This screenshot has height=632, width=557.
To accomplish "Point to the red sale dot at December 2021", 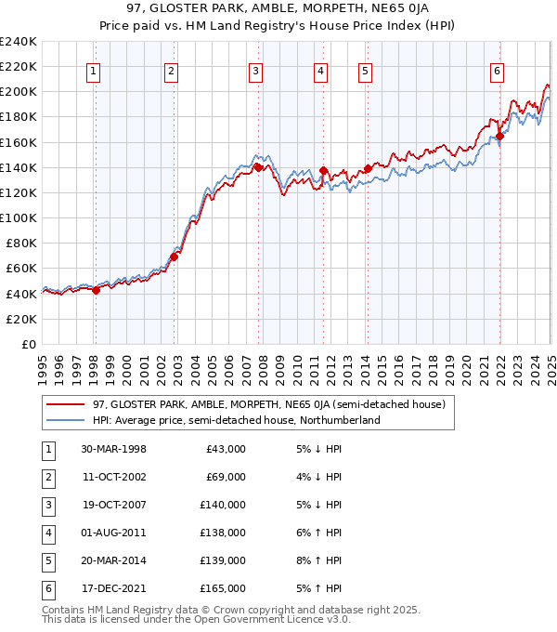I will tap(499, 136).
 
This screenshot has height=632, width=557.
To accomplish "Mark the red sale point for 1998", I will tap(96, 289).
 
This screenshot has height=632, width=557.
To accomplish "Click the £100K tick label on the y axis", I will tap(18, 217).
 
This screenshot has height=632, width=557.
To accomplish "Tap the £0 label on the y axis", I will tap(27, 344).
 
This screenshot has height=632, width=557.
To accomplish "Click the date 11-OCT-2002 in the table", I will tap(113, 477).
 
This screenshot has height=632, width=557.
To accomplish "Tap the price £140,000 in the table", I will tap(223, 505).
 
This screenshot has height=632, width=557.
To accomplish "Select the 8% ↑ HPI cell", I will tap(320, 560).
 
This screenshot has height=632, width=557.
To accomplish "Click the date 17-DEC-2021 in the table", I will tap(113, 588).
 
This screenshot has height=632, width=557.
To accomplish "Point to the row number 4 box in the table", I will tap(47, 533).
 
